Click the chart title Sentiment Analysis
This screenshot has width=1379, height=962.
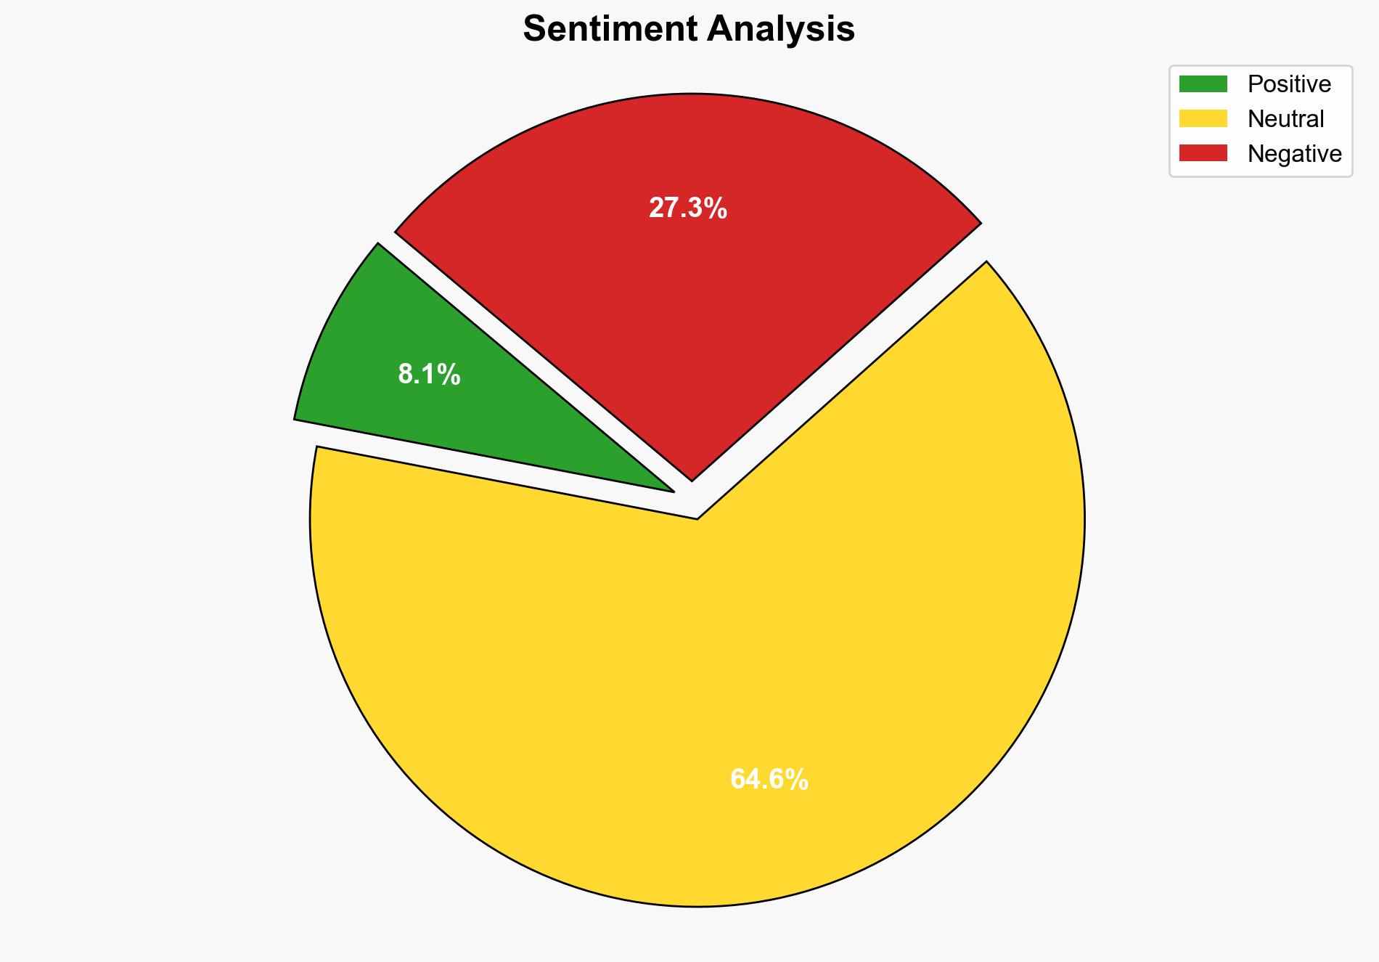click(x=689, y=29)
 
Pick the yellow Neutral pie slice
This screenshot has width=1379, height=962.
click(x=697, y=690)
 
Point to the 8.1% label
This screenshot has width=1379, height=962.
click(x=429, y=375)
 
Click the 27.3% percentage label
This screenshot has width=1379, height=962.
click(x=687, y=208)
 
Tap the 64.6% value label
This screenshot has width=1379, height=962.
click(x=769, y=780)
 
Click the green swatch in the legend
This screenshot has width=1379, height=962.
click(x=1203, y=84)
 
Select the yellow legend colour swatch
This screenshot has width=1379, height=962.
click(x=1203, y=118)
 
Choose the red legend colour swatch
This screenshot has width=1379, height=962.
click(x=1203, y=153)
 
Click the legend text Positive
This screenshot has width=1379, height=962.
click(x=1289, y=84)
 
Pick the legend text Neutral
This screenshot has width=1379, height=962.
click(x=1285, y=118)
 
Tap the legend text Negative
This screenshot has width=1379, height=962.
click(x=1294, y=153)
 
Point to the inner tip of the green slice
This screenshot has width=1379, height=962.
click(x=672, y=490)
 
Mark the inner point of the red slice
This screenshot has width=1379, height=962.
click(x=692, y=478)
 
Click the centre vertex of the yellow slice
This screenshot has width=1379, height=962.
click(x=697, y=518)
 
